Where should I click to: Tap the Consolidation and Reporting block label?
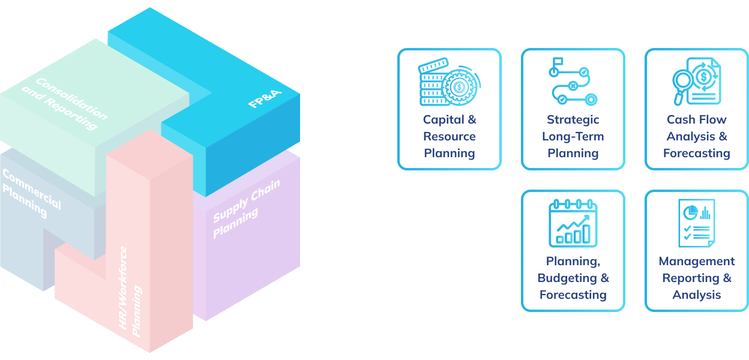(65, 103)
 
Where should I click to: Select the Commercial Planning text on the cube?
(31, 193)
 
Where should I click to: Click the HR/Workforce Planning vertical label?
(130, 292)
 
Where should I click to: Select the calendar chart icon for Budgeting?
(573, 223)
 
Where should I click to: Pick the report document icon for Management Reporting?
(696, 223)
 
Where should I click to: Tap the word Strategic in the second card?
(573, 119)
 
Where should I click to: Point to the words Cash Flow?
(696, 119)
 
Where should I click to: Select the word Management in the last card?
(696, 261)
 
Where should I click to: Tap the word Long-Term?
(573, 136)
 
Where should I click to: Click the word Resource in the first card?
(450, 136)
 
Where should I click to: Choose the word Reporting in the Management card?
(691, 278)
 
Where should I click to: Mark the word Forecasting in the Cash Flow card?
(696, 153)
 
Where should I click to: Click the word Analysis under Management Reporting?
(696, 295)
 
